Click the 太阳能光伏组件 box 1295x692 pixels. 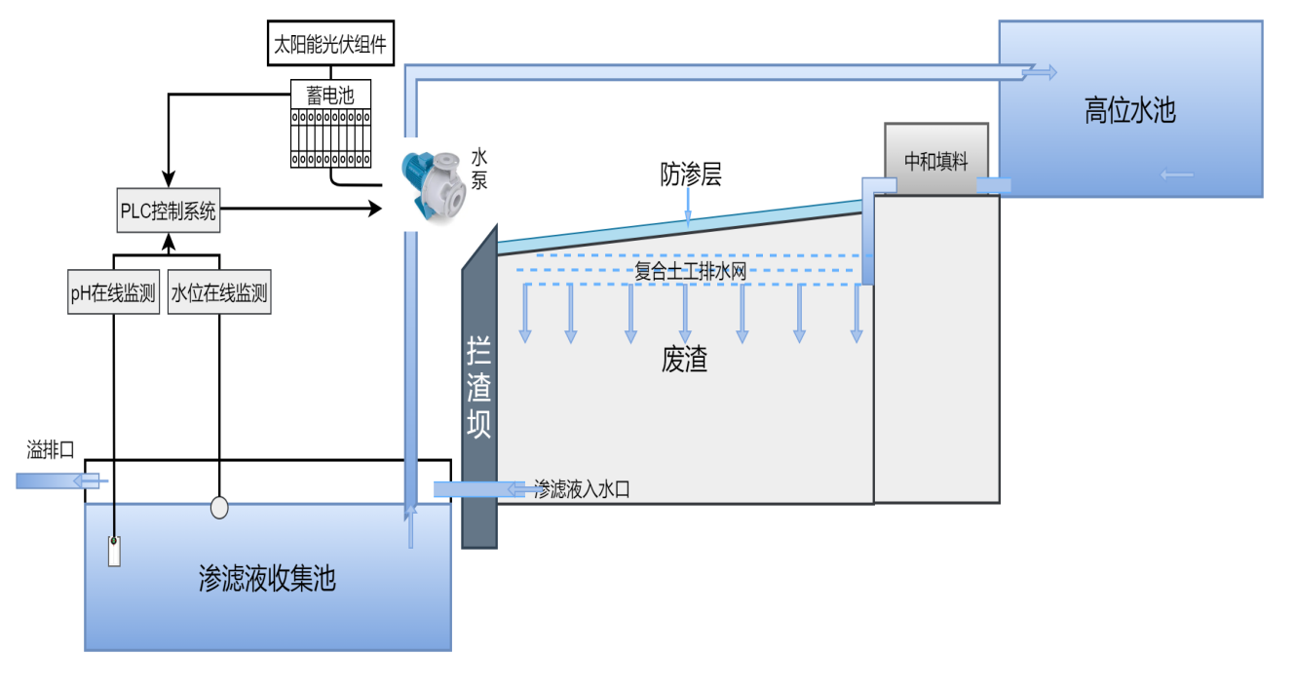[330, 44]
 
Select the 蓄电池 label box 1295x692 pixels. [330, 95]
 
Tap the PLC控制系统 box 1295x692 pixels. [169, 211]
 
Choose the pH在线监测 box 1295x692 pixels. [113, 293]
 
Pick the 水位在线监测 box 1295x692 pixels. [219, 293]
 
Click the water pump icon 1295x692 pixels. [433, 183]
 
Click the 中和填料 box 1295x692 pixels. [935, 161]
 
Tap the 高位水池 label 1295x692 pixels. [1129, 111]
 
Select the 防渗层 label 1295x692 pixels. [690, 175]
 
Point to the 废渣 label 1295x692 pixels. [684, 361]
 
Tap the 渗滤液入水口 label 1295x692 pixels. [581, 489]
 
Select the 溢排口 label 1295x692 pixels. [51, 449]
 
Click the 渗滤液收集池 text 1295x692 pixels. [266, 578]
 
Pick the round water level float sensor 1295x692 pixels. [219, 508]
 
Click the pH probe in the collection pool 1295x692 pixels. [114, 551]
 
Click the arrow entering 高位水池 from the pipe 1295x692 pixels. [1038, 71]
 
